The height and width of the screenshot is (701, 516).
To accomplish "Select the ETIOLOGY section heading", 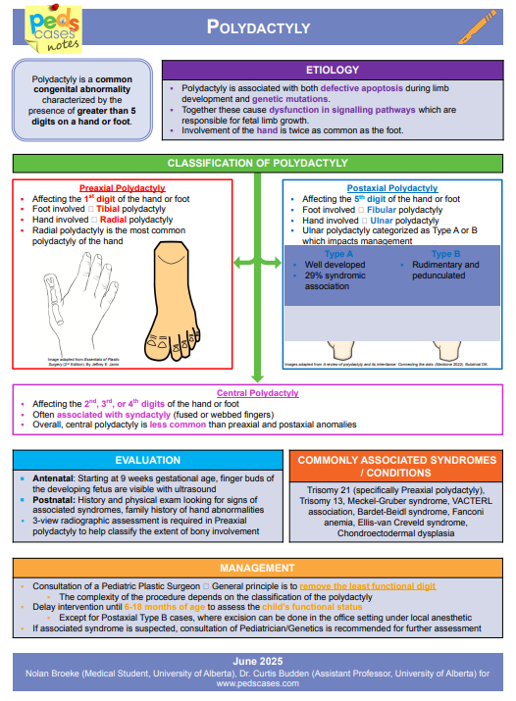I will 332,70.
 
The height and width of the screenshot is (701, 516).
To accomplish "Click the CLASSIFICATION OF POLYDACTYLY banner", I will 257,163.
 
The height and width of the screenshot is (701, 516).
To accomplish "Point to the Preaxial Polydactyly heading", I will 122,188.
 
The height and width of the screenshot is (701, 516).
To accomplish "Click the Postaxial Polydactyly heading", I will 392,188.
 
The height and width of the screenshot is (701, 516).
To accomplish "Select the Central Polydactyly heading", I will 257,393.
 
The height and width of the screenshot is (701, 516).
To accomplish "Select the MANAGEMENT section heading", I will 257,568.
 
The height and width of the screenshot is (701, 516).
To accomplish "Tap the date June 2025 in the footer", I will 257,661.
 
